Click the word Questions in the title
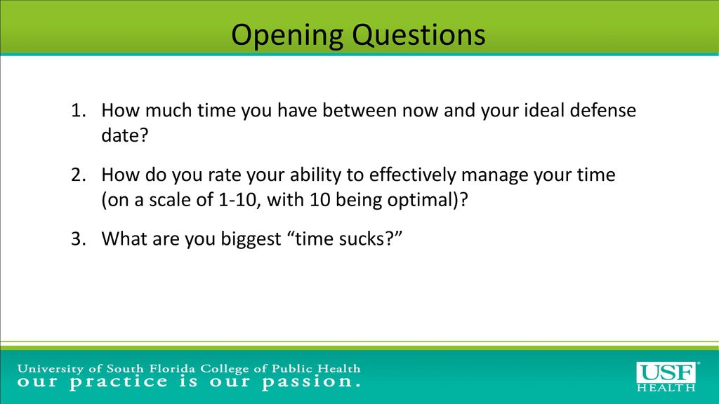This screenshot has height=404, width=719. tap(419, 35)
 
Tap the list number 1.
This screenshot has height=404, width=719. tap(79, 110)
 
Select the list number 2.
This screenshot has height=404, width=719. tap(79, 175)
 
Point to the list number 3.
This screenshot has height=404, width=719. tap(79, 239)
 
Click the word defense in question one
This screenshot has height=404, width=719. tap(602, 110)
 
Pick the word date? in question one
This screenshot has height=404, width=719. tap(125, 135)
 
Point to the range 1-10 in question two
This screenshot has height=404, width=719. tap(237, 200)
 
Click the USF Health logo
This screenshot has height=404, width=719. tap(667, 377)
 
